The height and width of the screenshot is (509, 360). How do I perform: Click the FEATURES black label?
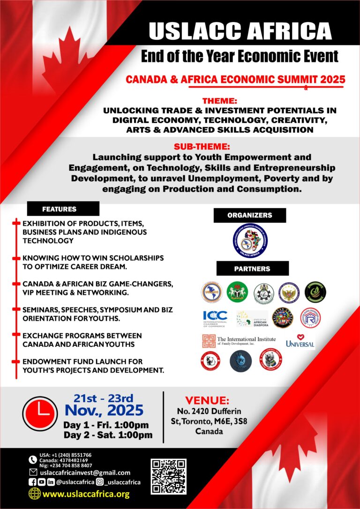coord(63,209)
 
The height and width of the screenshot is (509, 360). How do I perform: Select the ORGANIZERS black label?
coord(249,215)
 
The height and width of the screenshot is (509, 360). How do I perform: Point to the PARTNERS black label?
coord(252,269)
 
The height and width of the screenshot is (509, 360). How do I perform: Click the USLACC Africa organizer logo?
coord(250,240)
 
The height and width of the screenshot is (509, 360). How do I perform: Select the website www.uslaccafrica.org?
coord(86,494)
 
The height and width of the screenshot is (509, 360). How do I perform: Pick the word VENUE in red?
coord(207,400)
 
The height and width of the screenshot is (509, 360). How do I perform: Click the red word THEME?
coord(220,101)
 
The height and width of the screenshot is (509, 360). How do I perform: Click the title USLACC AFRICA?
coord(240,31)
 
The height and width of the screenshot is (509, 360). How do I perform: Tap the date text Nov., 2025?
coord(104,410)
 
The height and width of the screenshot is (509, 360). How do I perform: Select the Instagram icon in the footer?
coord(99,482)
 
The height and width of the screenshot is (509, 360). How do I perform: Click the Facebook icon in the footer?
coord(33,482)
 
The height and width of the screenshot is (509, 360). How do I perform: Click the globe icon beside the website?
coord(34,494)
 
